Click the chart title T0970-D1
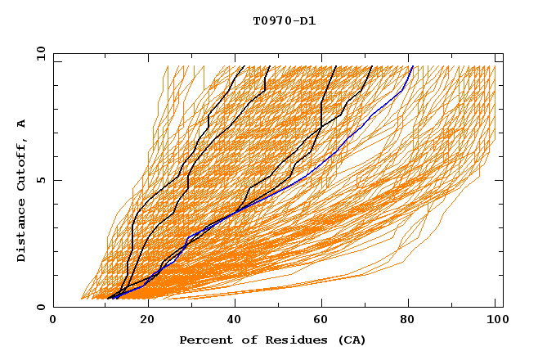284,21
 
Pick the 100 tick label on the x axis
495,320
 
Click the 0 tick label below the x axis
54,320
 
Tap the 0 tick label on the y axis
40,307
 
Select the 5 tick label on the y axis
40,180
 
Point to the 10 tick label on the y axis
37,53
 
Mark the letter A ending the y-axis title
22,124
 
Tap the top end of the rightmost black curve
372,66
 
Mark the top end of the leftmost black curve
244,66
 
